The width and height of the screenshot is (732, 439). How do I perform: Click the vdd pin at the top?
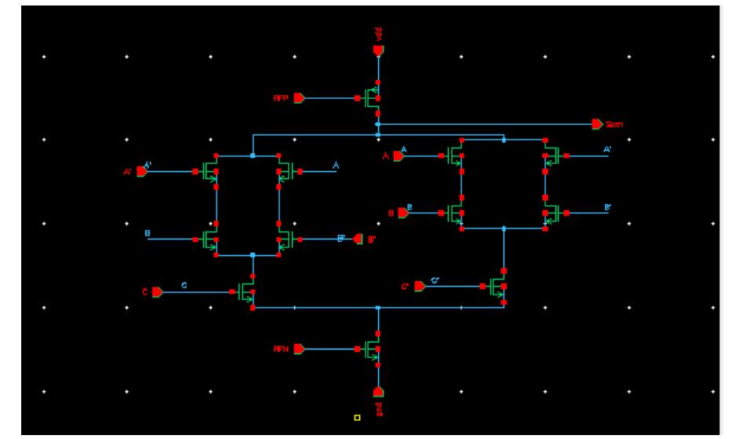click(378, 50)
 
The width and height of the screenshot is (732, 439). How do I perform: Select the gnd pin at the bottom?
click(378, 391)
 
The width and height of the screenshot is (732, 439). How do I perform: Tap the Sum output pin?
click(598, 124)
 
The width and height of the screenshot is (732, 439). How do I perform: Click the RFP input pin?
click(299, 98)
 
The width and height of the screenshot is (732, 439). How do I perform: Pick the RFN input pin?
click(299, 349)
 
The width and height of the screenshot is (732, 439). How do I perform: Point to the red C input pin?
click(157, 291)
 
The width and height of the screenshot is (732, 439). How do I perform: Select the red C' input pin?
click(420, 287)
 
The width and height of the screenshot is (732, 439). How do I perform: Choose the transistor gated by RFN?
click(372, 349)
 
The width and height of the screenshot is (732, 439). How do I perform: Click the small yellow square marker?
click(357, 417)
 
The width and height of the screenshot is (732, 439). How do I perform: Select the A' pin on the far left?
click(141, 170)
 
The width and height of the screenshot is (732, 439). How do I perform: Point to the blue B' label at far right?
click(607, 207)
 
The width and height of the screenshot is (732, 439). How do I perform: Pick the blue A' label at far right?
click(607, 149)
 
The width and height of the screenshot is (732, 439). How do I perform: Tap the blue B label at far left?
click(147, 233)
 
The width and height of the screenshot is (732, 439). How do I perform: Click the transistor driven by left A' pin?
click(209, 170)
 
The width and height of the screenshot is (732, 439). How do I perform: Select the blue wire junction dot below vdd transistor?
click(378, 124)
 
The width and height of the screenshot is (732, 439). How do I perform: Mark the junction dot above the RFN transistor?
click(378, 308)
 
